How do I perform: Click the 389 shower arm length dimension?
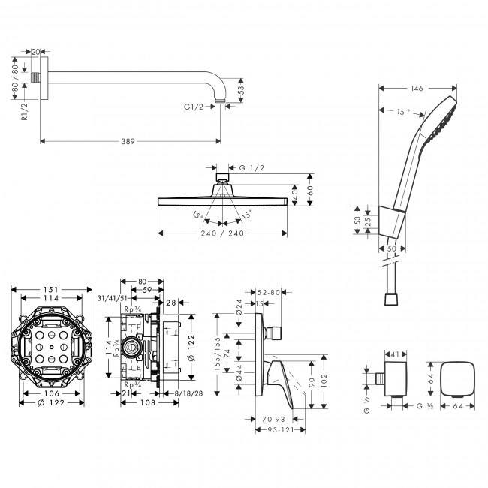pyautogui.click(x=128, y=142)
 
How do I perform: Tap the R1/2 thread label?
pyautogui.click(x=24, y=112)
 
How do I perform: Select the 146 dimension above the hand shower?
pyautogui.click(x=417, y=89)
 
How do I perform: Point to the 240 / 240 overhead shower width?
pyautogui.click(x=222, y=233)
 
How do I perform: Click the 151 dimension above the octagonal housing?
pyautogui.click(x=51, y=290)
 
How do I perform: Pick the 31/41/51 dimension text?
pyautogui.click(x=113, y=298)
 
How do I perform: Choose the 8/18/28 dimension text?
pyautogui.click(x=188, y=393)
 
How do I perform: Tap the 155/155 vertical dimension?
pyautogui.click(x=217, y=354)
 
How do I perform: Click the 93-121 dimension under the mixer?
pyautogui.click(x=281, y=429)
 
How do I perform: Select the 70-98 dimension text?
pyautogui.click(x=273, y=420)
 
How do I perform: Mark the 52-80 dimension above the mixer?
pyautogui.click(x=269, y=292)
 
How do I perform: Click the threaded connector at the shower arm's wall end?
pyautogui.click(x=35, y=77)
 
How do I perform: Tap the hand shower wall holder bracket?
pyautogui.click(x=391, y=222)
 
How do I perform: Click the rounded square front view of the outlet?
pyautogui.click(x=457, y=379)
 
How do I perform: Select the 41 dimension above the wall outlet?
pyautogui.click(x=395, y=354)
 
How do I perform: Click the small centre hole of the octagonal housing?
pyautogui.click(x=51, y=347)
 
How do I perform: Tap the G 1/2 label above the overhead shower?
pyautogui.click(x=252, y=168)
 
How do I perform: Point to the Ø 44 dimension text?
pyautogui.click(x=239, y=373)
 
